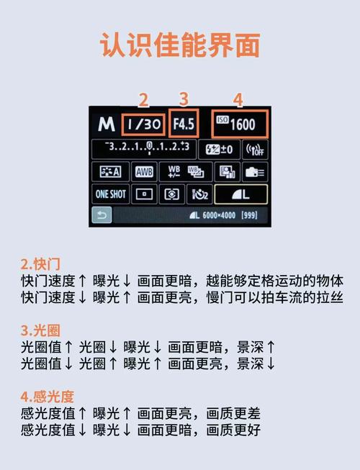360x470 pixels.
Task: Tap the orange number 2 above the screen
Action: tap(143, 99)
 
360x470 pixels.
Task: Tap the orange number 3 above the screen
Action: tap(184, 99)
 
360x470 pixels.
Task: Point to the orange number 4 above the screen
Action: tap(238, 99)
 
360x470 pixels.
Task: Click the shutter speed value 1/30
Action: tap(143, 124)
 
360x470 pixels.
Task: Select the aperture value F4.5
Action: tap(184, 124)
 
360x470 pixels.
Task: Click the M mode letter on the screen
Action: tap(107, 124)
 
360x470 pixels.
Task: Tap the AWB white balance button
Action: tap(145, 171)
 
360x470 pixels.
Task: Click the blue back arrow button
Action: tap(102, 214)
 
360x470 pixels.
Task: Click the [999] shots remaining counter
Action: tap(250, 215)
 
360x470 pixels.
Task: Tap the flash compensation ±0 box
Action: tap(220, 149)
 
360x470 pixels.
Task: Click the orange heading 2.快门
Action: tap(40, 263)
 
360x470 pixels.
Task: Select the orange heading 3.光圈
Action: tap(40, 330)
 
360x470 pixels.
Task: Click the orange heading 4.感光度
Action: tap(47, 397)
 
